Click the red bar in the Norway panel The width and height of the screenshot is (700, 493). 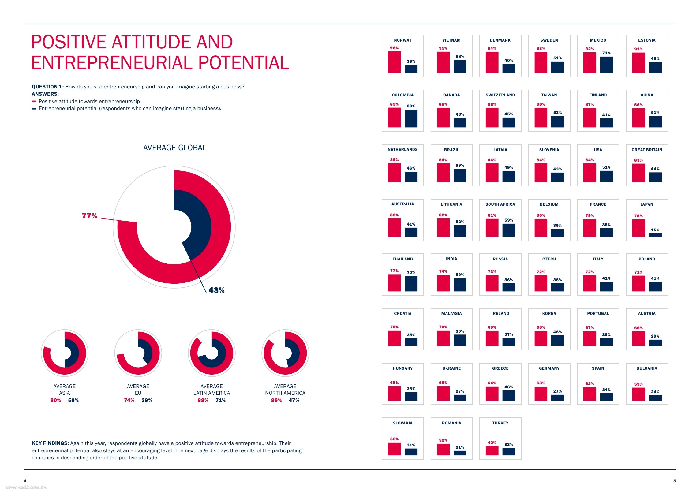[394, 62]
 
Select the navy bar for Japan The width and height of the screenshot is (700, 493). [655, 235]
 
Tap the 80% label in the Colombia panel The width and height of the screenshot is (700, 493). [411, 106]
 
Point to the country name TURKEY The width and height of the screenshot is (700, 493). [500, 423]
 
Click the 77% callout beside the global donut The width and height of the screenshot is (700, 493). [89, 216]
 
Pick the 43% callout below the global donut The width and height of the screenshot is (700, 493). [216, 290]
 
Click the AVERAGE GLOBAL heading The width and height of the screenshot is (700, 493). [174, 148]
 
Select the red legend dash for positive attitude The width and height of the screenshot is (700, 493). [34, 102]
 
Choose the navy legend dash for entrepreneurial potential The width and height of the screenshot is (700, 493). [34, 109]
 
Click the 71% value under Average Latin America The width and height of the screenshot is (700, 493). [220, 400]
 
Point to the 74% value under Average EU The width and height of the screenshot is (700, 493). [129, 400]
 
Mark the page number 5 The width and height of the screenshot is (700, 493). [674, 481]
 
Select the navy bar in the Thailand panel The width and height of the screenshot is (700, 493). [411, 284]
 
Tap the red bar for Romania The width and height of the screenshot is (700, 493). [443, 450]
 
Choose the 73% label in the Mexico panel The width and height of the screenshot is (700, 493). [606, 53]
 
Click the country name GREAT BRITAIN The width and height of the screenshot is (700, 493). [646, 150]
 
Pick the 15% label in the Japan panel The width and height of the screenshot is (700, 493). [655, 230]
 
